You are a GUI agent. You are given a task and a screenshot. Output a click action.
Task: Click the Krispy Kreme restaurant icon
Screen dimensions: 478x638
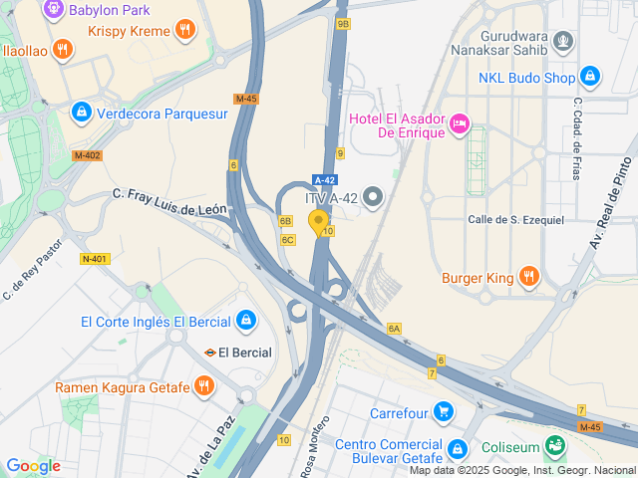coord(183,30)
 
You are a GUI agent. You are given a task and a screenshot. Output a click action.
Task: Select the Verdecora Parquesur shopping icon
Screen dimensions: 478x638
coord(81,113)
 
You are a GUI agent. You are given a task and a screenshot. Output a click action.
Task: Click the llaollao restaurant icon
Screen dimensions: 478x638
coord(62,49)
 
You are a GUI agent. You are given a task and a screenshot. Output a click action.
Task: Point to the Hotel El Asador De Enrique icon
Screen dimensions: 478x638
coord(460,123)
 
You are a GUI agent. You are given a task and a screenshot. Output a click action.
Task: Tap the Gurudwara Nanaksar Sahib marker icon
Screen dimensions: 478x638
coord(564,41)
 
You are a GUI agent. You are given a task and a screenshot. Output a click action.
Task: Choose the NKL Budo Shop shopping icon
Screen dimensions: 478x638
coord(590,76)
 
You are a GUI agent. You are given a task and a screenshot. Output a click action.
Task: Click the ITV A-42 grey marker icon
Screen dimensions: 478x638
coord(374,197)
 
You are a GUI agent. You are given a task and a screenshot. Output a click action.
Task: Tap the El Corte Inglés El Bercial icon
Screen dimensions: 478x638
coord(245,321)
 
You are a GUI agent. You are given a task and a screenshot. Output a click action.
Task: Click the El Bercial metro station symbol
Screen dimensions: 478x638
coord(210,352)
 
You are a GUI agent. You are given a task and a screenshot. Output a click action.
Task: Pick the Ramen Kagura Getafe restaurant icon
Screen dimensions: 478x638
coord(203,385)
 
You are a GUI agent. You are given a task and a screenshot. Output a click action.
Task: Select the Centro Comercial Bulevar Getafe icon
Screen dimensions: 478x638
coord(458,449)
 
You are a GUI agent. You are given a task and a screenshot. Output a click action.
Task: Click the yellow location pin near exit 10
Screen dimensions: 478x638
coord(319,222)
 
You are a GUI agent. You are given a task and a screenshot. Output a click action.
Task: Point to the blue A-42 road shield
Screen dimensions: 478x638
coord(323,179)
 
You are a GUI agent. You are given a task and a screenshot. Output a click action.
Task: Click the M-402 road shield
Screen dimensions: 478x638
coord(88,155)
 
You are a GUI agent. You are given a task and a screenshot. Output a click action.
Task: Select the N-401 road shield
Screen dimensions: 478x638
coord(94,259)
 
